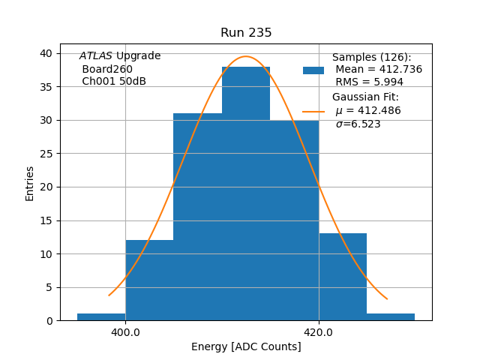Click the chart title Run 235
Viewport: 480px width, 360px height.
point(246,33)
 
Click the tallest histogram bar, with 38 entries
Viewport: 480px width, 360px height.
point(246,195)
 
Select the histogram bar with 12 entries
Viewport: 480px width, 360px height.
point(149,280)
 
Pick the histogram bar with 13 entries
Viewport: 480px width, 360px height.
point(343,277)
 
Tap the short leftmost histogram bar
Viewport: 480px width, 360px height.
point(101,317)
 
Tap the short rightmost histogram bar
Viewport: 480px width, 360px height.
point(391,317)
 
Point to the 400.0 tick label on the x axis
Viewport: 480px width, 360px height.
point(125,332)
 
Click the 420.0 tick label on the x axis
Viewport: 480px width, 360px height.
point(319,332)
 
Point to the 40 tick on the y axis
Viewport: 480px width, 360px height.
point(46,53)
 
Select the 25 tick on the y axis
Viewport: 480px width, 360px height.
point(46,154)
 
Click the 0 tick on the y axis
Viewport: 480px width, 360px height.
point(49,321)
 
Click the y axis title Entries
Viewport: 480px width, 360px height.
point(30,183)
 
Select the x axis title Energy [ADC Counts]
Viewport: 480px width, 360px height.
point(246,346)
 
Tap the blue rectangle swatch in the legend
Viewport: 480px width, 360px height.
point(313,70)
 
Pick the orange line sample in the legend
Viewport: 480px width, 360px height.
point(313,111)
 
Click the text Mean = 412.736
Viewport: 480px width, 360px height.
point(379,70)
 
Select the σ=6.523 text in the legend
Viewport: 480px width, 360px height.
point(358,124)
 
